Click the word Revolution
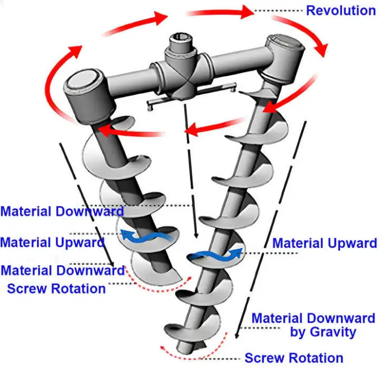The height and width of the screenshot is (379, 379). (x=341, y=10)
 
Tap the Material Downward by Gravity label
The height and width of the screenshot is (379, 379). (x=313, y=325)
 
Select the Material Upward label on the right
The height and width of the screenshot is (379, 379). (x=324, y=243)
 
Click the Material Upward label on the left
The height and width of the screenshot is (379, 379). (x=52, y=242)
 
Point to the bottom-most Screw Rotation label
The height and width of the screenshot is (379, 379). (x=293, y=358)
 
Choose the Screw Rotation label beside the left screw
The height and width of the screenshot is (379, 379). (x=56, y=288)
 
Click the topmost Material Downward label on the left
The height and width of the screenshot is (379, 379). (x=62, y=211)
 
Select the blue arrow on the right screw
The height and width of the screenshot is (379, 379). (x=214, y=256)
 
